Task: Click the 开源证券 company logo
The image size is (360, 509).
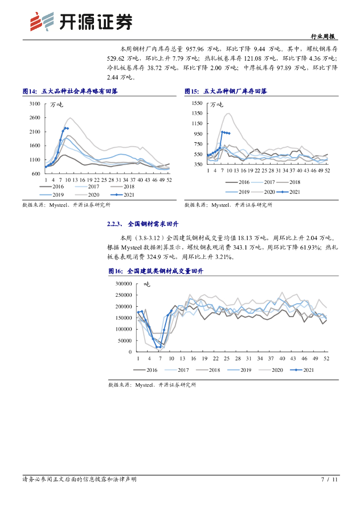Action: click(82, 21)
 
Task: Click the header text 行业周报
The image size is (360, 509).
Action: click(323, 37)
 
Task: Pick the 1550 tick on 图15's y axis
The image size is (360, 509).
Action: click(196, 103)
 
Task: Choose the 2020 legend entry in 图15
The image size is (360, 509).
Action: click(265, 191)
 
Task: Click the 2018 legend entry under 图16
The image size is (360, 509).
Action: click(209, 370)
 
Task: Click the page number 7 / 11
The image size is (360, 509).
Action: click(329, 480)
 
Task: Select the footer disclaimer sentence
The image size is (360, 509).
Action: click(80, 480)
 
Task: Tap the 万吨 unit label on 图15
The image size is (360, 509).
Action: click(217, 104)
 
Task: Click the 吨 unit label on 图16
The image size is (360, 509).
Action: click(147, 284)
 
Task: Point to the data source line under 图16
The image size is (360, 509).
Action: click(152, 385)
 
